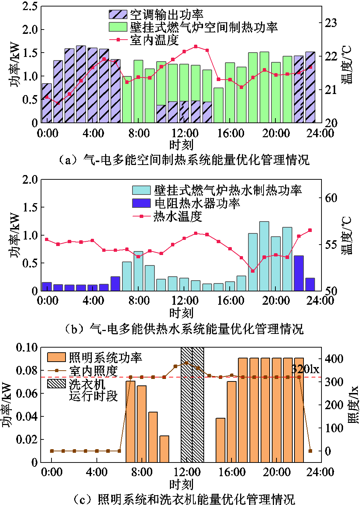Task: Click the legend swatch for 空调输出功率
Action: [x=118, y=14]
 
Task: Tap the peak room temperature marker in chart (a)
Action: [x=195, y=46]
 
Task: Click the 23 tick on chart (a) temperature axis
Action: [x=331, y=23]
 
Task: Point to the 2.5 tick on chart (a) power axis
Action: [x=30, y=6]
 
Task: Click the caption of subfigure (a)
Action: [x=184, y=160]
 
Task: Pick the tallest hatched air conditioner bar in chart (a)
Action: [x=81, y=84]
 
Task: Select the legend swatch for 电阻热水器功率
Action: [x=141, y=203]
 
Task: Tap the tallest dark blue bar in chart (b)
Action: [x=298, y=273]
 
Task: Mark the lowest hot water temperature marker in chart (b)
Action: [x=253, y=271]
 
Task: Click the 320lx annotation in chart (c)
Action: [x=305, y=369]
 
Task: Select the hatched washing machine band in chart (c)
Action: [x=192, y=405]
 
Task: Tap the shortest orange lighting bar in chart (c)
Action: [x=164, y=449]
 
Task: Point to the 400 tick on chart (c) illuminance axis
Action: [x=334, y=359]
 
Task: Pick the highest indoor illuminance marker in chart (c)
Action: [x=186, y=363]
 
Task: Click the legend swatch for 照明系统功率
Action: [x=57, y=357]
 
